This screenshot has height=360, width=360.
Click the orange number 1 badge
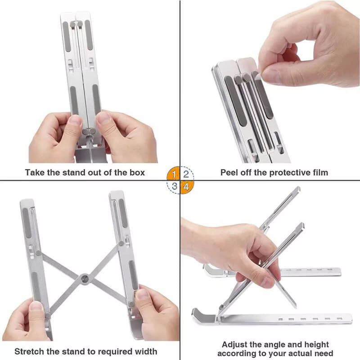(174, 173)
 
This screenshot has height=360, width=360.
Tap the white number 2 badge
(186, 173)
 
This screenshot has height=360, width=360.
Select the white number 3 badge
(174, 186)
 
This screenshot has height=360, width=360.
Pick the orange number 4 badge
(186, 186)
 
